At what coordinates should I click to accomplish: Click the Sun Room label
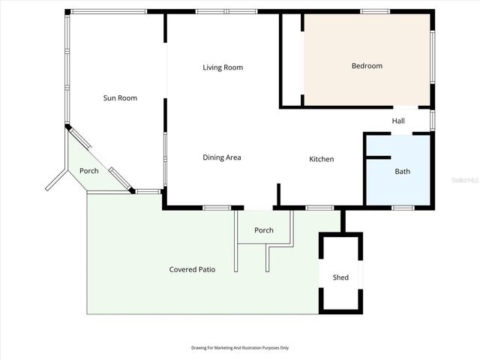point(120,98)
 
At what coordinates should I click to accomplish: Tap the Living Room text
point(223,67)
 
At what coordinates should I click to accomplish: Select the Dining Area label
point(222,157)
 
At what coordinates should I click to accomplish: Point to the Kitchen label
point(322,159)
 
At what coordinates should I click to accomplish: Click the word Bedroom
point(367,66)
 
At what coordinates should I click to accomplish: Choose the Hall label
point(398,121)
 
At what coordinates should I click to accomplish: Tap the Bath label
point(402,172)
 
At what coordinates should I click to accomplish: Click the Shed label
point(340,277)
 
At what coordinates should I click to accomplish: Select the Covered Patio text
point(192,269)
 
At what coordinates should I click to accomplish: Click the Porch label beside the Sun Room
point(89,171)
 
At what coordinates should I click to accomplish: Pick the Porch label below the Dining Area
point(264,230)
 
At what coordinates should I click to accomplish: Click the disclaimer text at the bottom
point(240,348)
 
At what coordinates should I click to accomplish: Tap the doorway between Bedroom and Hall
point(406,107)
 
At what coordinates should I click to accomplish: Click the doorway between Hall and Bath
point(402,133)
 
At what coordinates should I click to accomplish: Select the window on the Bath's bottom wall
point(403,208)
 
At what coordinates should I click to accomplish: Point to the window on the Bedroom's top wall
point(375,12)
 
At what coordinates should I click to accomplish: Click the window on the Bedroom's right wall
point(432,57)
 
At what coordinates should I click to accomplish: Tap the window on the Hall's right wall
point(432,121)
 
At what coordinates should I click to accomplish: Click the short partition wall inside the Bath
point(379,157)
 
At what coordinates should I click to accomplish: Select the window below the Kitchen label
point(320,208)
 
